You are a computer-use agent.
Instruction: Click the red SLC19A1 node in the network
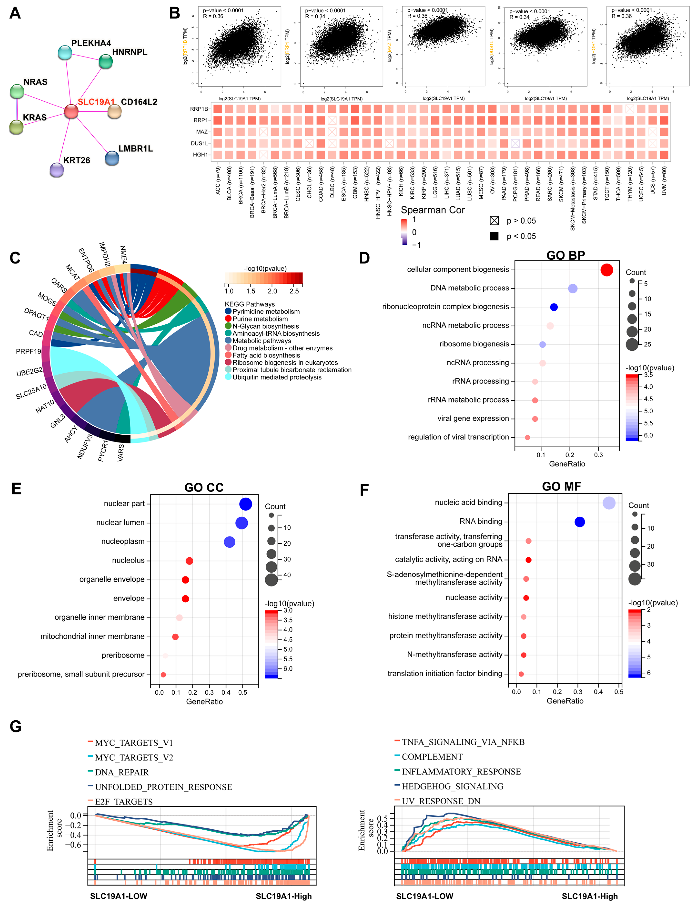point(71,111)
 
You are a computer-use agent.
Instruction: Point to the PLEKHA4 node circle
point(65,53)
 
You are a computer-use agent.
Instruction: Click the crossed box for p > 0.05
point(494,221)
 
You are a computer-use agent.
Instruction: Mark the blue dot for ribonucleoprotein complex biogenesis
point(554,307)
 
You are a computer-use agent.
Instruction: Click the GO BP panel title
point(566,255)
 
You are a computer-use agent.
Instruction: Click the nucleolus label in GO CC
point(128,560)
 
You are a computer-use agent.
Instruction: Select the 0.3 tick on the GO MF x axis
point(578,691)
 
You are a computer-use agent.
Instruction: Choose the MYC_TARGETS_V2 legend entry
point(134,758)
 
